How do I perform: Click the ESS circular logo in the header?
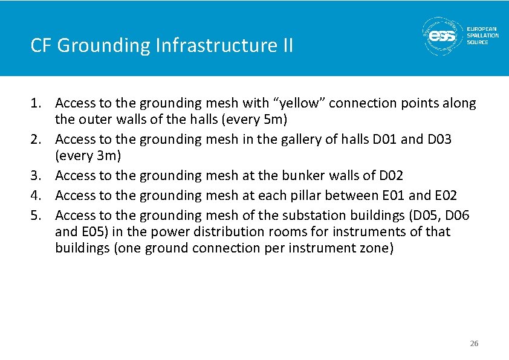442,36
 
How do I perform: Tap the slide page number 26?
474,344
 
